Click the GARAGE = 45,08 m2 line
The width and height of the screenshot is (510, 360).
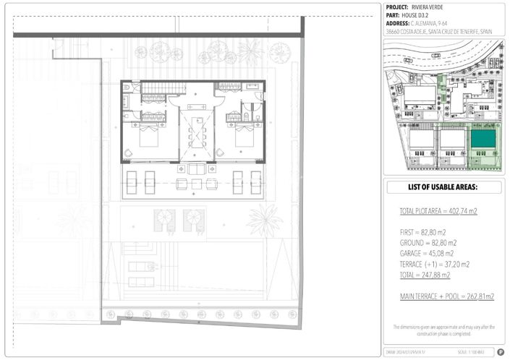click(x=427, y=254)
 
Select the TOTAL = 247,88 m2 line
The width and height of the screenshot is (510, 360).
click(x=425, y=275)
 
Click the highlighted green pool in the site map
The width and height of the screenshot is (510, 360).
click(x=483, y=137)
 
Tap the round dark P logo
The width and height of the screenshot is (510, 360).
click(x=500, y=352)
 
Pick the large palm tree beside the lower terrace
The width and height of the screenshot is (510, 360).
click(x=265, y=218)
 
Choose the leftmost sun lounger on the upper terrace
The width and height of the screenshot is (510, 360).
click(x=132, y=179)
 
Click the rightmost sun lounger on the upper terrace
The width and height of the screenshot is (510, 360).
click(x=255, y=179)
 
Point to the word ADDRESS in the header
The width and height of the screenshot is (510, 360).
click(x=399, y=22)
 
